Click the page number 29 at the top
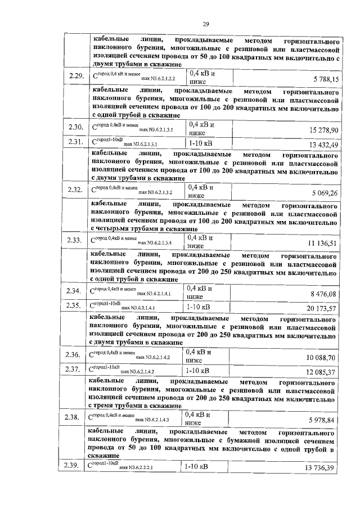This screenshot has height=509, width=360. click(206, 24)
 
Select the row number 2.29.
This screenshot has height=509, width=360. click(75, 77)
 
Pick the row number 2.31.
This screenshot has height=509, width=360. click(75, 143)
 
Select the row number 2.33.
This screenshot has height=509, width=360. click(75, 240)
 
